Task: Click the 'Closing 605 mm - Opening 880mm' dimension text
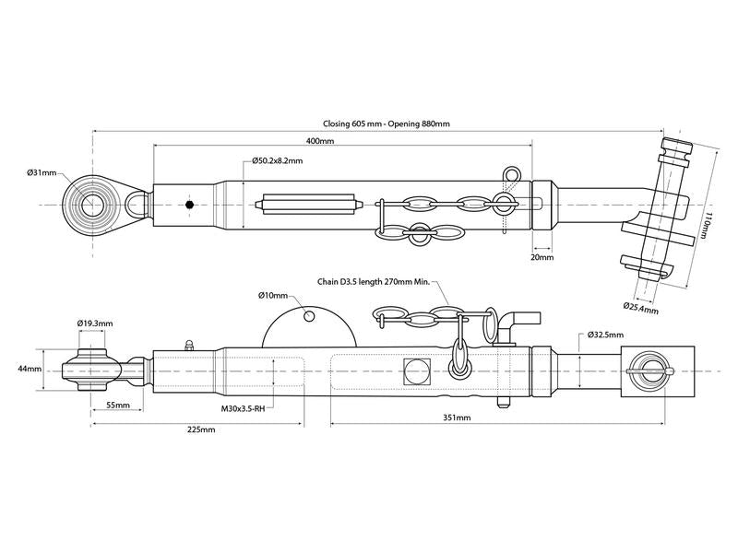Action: point(387,124)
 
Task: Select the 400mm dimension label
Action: point(319,140)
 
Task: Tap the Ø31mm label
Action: point(42,172)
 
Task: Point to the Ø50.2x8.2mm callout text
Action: point(277,161)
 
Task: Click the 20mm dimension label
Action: point(542,258)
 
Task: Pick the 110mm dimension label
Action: point(706,225)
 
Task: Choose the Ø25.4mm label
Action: point(641,307)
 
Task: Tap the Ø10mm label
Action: point(273,296)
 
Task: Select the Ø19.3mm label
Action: point(95,324)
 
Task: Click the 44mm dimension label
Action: point(29,369)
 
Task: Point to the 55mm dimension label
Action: point(117,406)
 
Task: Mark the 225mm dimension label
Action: point(201,429)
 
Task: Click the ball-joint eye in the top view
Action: point(89,205)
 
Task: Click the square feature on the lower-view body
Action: point(417,371)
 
